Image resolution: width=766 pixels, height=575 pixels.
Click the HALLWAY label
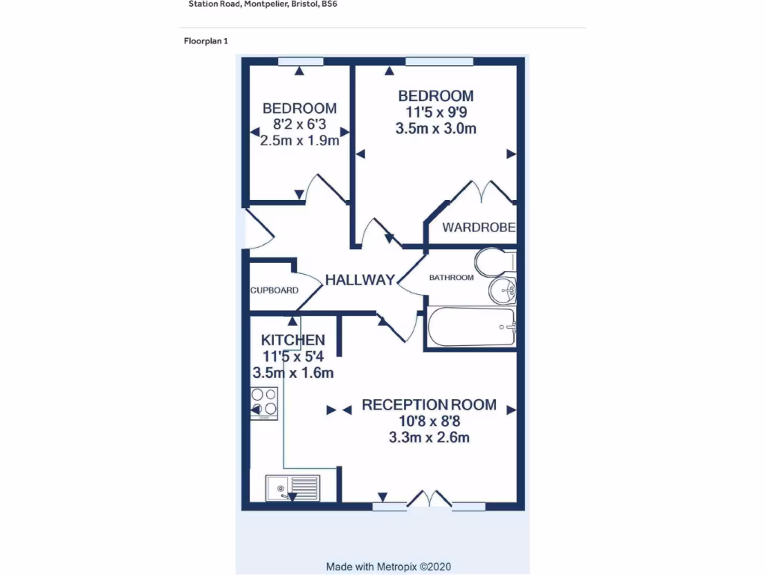(359, 280)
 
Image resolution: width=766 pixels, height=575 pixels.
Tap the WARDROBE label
(479, 228)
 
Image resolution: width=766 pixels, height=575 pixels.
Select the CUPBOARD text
(274, 290)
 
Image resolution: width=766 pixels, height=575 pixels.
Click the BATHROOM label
(451, 278)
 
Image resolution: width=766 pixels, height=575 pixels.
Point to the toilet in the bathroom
(494, 262)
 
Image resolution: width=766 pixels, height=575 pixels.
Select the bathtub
(471, 326)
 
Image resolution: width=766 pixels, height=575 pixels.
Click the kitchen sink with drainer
(292, 488)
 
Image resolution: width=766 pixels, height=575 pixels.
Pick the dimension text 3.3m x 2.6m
(429, 438)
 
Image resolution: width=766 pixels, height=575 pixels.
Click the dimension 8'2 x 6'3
(299, 124)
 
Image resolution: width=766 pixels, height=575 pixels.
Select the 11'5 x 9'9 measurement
(435, 112)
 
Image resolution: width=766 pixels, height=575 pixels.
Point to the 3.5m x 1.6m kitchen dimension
(292, 373)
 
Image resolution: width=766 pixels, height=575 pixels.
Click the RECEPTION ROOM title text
(429, 405)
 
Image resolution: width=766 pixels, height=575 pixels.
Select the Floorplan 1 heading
(206, 41)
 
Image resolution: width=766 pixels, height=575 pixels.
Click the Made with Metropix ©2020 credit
(388, 567)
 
